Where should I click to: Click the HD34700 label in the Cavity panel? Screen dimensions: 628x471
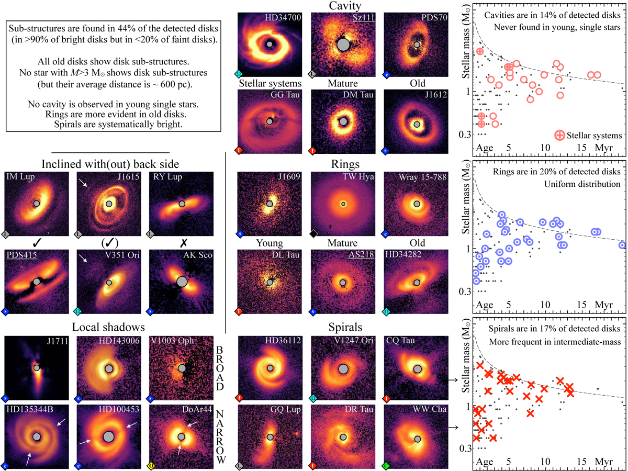point(283,17)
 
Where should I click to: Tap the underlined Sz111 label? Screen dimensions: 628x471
point(363,17)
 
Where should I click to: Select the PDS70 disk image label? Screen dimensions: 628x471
point(434,17)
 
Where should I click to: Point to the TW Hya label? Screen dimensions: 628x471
point(358,177)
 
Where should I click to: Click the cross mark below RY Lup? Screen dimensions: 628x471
point(183,243)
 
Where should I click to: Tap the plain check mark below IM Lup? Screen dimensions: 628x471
point(37,243)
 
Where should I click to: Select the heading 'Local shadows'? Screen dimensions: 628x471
point(108,327)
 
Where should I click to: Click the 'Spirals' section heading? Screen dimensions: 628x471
point(345,327)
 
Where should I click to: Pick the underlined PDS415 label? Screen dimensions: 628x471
point(22,254)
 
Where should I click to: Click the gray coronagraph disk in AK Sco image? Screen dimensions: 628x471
point(182,282)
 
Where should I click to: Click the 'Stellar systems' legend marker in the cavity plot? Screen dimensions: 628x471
point(559,135)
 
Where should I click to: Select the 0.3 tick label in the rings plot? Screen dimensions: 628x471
point(465,291)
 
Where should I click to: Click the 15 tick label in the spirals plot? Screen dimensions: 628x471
point(581,461)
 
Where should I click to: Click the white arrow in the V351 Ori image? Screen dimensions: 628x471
point(83,259)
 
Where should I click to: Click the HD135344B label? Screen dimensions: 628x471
point(30,409)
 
